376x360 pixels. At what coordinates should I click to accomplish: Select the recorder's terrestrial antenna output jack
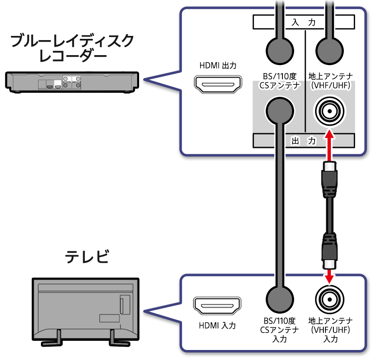[x=330, y=112]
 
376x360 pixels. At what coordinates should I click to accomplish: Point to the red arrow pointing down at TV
[x=330, y=274]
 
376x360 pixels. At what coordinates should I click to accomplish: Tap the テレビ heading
[x=87, y=256]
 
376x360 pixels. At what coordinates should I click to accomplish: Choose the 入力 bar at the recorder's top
[x=303, y=23]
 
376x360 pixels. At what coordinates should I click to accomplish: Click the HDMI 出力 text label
[x=218, y=66]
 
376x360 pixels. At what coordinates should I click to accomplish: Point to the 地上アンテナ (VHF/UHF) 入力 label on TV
[x=330, y=330]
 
